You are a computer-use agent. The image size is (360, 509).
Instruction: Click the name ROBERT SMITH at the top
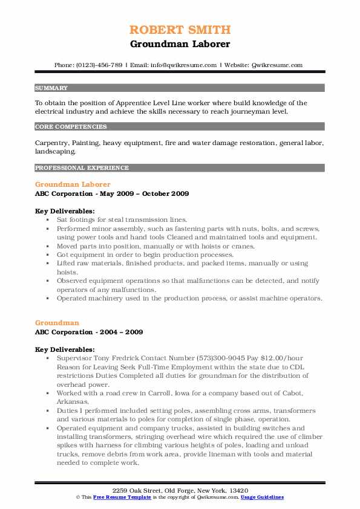[180, 30]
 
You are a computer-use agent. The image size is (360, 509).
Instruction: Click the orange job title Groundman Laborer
[73, 184]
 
